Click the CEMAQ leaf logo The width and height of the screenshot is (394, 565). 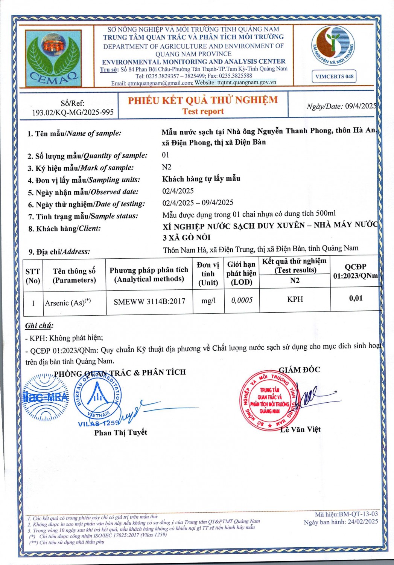pyautogui.click(x=53, y=58)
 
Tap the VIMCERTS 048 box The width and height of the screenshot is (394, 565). pyautogui.click(x=334, y=76)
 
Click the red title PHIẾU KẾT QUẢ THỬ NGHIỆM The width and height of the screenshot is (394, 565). pyautogui.click(x=203, y=100)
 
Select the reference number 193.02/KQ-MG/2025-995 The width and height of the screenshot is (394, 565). pyautogui.click(x=73, y=112)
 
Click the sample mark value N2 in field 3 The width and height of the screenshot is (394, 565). pyautogui.click(x=166, y=167)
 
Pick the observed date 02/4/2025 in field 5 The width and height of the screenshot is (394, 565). pyautogui.click(x=178, y=191)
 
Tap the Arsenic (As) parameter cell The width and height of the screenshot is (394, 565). pyautogui.click(x=68, y=302)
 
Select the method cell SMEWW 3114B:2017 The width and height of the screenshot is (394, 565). pyautogui.click(x=149, y=301)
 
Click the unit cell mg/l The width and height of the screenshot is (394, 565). pyautogui.click(x=208, y=300)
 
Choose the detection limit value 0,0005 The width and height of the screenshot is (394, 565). pyautogui.click(x=242, y=300)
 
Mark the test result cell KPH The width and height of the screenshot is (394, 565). pyautogui.click(x=295, y=299)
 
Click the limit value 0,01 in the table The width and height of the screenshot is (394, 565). pyautogui.click(x=356, y=298)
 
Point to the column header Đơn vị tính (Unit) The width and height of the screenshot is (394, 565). pyautogui.click(x=208, y=274)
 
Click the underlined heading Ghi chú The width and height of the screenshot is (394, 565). pyautogui.click(x=39, y=325)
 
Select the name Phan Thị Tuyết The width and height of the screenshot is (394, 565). pyautogui.click(x=120, y=432)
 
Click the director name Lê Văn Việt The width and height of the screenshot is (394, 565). pyautogui.click(x=300, y=429)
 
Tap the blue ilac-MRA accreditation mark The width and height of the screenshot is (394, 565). pyautogui.click(x=45, y=397)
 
